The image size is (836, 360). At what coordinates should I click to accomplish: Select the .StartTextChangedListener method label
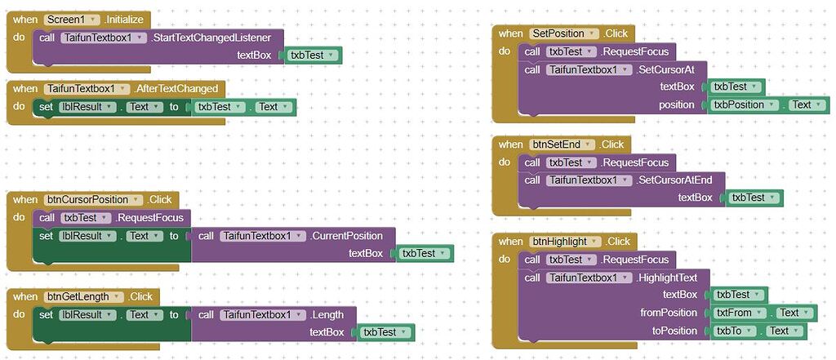(217, 38)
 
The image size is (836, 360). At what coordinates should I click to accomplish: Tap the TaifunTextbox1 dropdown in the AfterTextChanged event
(88, 88)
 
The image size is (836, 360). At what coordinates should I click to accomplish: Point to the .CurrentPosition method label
(346, 236)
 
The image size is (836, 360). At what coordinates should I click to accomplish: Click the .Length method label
(327, 314)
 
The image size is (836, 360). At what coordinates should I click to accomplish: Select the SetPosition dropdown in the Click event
(563, 33)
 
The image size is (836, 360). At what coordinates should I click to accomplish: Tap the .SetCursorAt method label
(670, 69)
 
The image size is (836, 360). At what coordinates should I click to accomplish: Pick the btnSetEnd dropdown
(560, 144)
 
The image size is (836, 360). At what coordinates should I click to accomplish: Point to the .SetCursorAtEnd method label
(679, 180)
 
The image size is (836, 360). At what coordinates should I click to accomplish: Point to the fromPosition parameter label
(669, 313)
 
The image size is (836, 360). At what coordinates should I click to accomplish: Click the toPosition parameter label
(674, 331)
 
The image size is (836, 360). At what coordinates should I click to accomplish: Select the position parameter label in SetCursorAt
(677, 104)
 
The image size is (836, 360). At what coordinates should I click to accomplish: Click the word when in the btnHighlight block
(511, 241)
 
